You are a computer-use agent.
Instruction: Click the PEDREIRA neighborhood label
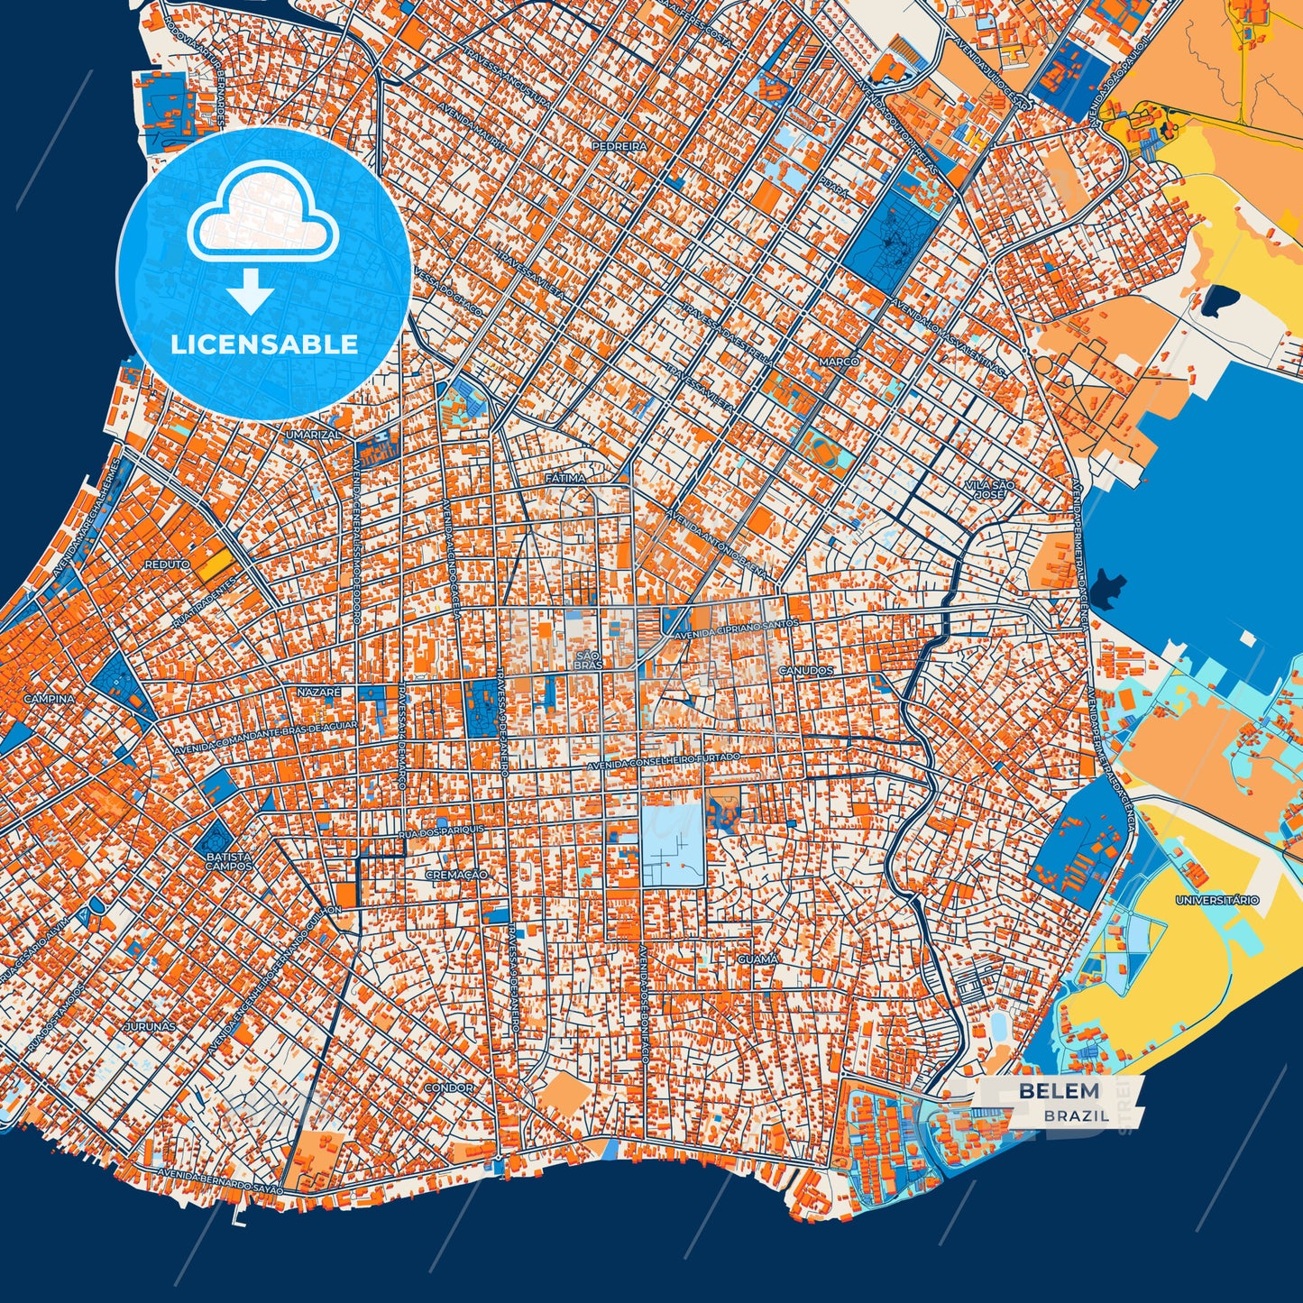[619, 145]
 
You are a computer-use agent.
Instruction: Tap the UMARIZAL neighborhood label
[313, 435]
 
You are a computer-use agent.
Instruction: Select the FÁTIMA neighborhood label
[565, 477]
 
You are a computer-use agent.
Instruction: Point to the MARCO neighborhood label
[839, 362]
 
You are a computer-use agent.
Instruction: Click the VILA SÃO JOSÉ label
[989, 490]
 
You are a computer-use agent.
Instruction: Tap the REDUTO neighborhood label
[168, 564]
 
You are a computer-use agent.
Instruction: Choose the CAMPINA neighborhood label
[50, 699]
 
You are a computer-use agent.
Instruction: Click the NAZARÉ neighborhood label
[320, 691]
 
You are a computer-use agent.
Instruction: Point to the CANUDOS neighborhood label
[806, 671]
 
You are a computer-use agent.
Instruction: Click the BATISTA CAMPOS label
[228, 861]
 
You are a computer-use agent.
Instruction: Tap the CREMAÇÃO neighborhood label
[456, 875]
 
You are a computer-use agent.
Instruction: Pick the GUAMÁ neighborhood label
[757, 959]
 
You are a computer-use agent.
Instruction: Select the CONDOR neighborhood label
[449, 1087]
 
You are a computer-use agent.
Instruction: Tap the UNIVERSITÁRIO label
[1216, 900]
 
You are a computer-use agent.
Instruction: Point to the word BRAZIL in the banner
[1077, 1115]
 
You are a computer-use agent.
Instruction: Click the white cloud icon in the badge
[262, 212]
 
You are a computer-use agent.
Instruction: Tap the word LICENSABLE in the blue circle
[264, 344]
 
